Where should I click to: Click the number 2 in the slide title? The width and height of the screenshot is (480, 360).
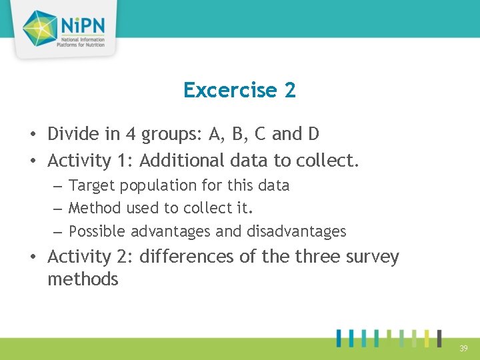(x=290, y=90)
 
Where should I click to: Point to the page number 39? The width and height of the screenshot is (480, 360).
(x=463, y=348)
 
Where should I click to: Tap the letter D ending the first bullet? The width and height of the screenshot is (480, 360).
(x=313, y=134)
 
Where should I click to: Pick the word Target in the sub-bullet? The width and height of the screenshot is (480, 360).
(x=90, y=185)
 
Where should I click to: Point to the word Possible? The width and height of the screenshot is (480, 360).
(x=97, y=231)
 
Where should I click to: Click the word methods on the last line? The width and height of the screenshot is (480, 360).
(x=83, y=280)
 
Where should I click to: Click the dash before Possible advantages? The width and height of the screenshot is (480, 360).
(x=57, y=232)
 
